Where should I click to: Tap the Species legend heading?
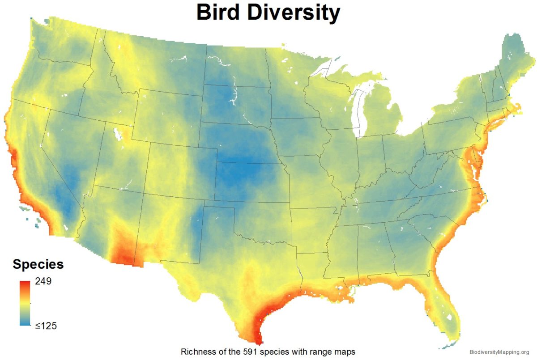(38, 264)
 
